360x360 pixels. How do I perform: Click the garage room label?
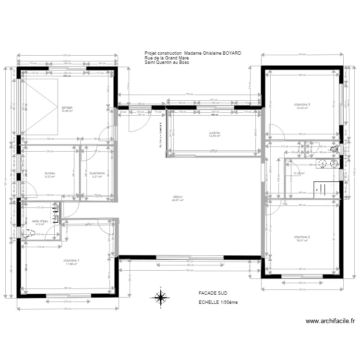(x=66, y=107)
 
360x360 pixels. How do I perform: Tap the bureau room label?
(x=50, y=173)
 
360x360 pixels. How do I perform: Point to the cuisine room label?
(x=215, y=132)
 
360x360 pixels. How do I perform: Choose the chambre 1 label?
(x=71, y=260)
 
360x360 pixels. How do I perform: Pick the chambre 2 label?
(x=302, y=237)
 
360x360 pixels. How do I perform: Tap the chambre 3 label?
(x=302, y=105)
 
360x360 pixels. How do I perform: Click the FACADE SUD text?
(x=213, y=292)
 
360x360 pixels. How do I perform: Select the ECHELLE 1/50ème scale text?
(x=218, y=302)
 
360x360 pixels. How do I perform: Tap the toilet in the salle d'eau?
(x=30, y=233)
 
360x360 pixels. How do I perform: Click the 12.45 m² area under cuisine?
(x=215, y=136)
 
